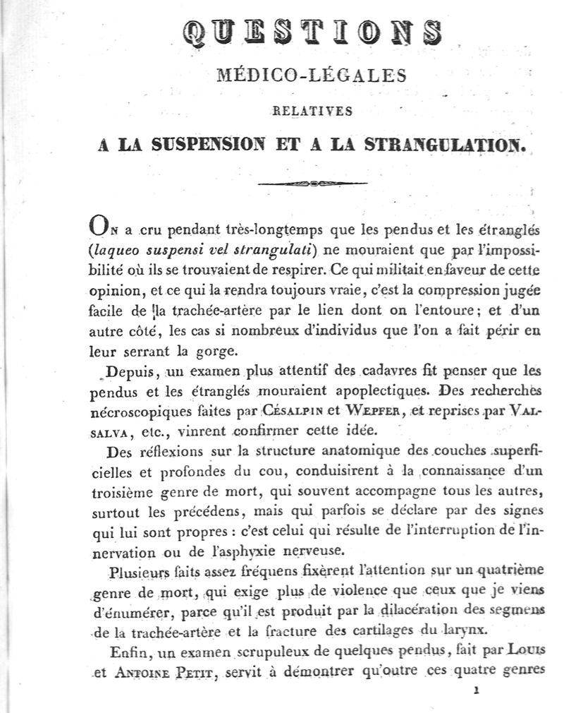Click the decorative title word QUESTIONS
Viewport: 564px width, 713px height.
click(x=312, y=32)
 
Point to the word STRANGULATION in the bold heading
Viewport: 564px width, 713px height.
click(x=446, y=145)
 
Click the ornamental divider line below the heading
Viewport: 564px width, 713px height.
click(x=313, y=184)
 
